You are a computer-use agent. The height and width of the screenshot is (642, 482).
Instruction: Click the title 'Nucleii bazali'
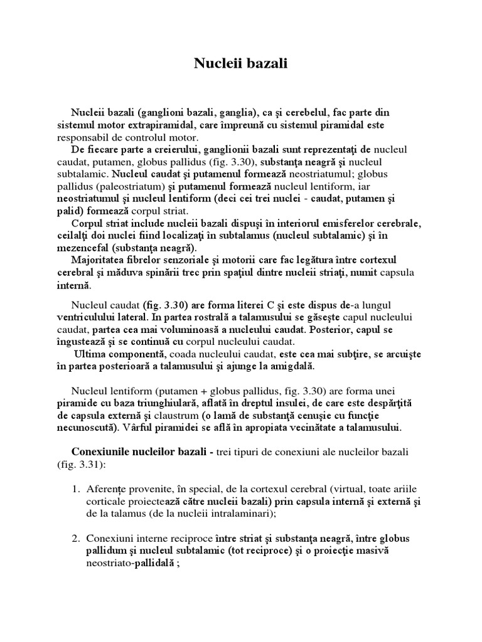(x=240, y=64)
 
